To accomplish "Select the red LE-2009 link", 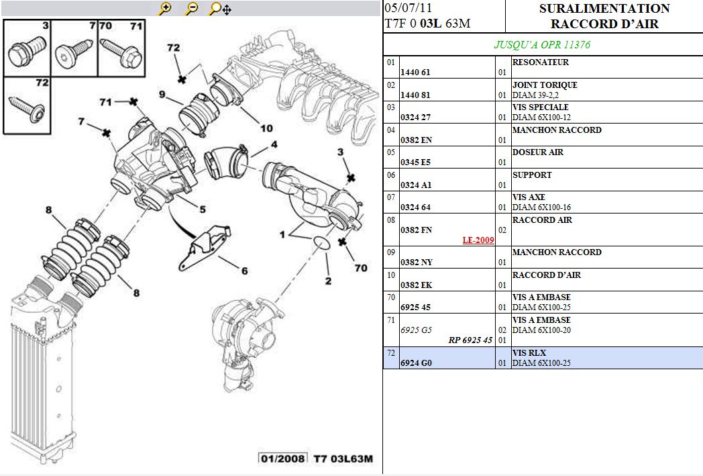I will tap(478, 240).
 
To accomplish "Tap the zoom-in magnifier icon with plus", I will tap(165, 9).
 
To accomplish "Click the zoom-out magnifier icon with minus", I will tap(192, 9).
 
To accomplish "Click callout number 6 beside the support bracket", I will tap(245, 271).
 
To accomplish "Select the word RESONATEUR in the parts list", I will tap(540, 62).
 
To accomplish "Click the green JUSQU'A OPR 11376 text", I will tap(542, 45).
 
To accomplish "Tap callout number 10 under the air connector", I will tap(266, 128).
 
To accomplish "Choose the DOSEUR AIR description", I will tap(537, 152).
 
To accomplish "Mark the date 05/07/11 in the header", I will tap(408, 9).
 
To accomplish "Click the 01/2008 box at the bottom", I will tap(282, 459).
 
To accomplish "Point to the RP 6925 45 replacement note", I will tap(470, 340).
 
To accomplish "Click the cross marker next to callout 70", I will tap(343, 242).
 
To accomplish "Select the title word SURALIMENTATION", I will tap(604, 9).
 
